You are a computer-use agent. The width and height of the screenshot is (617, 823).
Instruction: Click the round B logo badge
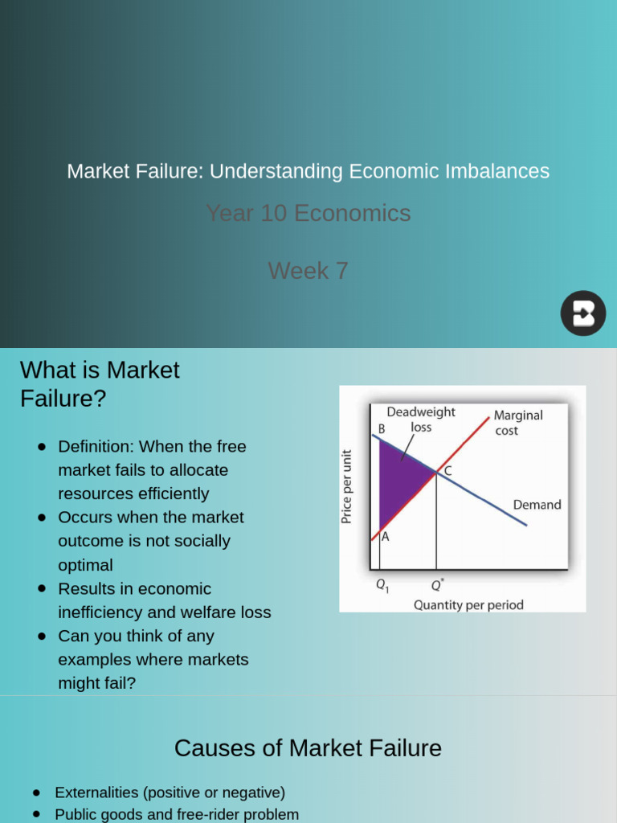coord(583,313)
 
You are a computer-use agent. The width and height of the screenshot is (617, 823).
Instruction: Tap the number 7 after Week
coord(341,271)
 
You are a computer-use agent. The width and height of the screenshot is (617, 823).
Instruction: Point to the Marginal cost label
coord(517,423)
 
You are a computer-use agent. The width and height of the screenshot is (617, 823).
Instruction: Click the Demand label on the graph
coord(537,505)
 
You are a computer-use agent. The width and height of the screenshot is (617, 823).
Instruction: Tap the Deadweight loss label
coord(421,420)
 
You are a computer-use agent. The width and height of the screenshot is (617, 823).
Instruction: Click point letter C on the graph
coord(447,472)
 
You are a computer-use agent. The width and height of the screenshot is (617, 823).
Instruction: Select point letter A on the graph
coord(385,538)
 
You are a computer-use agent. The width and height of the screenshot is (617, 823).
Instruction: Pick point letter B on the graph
coord(382,429)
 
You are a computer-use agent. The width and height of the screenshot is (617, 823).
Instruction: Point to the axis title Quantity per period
coord(468,604)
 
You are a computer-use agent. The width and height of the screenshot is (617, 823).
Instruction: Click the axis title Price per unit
coord(347,486)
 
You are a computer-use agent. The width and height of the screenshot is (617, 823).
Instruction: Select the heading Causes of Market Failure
coord(308,748)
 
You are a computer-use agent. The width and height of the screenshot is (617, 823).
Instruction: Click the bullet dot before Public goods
coord(37,814)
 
